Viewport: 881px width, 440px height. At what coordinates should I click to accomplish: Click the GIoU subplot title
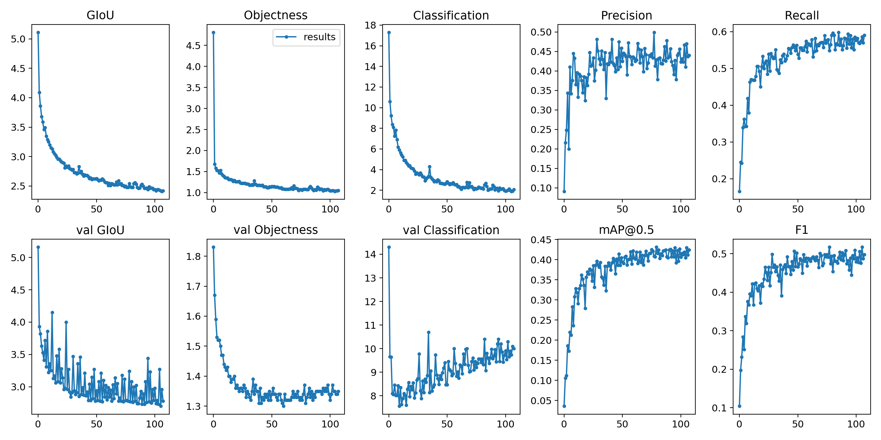tap(100, 15)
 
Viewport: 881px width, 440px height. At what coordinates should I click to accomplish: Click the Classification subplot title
tap(451, 15)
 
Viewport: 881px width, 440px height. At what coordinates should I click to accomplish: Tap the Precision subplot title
tap(626, 15)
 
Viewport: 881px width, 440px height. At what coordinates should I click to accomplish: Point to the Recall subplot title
tap(801, 15)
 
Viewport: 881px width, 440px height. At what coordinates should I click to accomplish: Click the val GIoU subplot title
tap(100, 230)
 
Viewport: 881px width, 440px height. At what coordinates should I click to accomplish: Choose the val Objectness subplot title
tap(276, 230)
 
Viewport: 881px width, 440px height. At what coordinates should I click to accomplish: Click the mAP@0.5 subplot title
tap(626, 230)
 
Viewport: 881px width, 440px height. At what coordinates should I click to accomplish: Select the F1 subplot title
tap(801, 230)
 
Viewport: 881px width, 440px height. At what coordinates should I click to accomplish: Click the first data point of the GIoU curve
tap(38, 32)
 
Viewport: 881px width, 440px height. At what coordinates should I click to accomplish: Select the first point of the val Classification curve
tap(389, 247)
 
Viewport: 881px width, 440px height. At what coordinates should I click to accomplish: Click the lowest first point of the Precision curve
tap(564, 192)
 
